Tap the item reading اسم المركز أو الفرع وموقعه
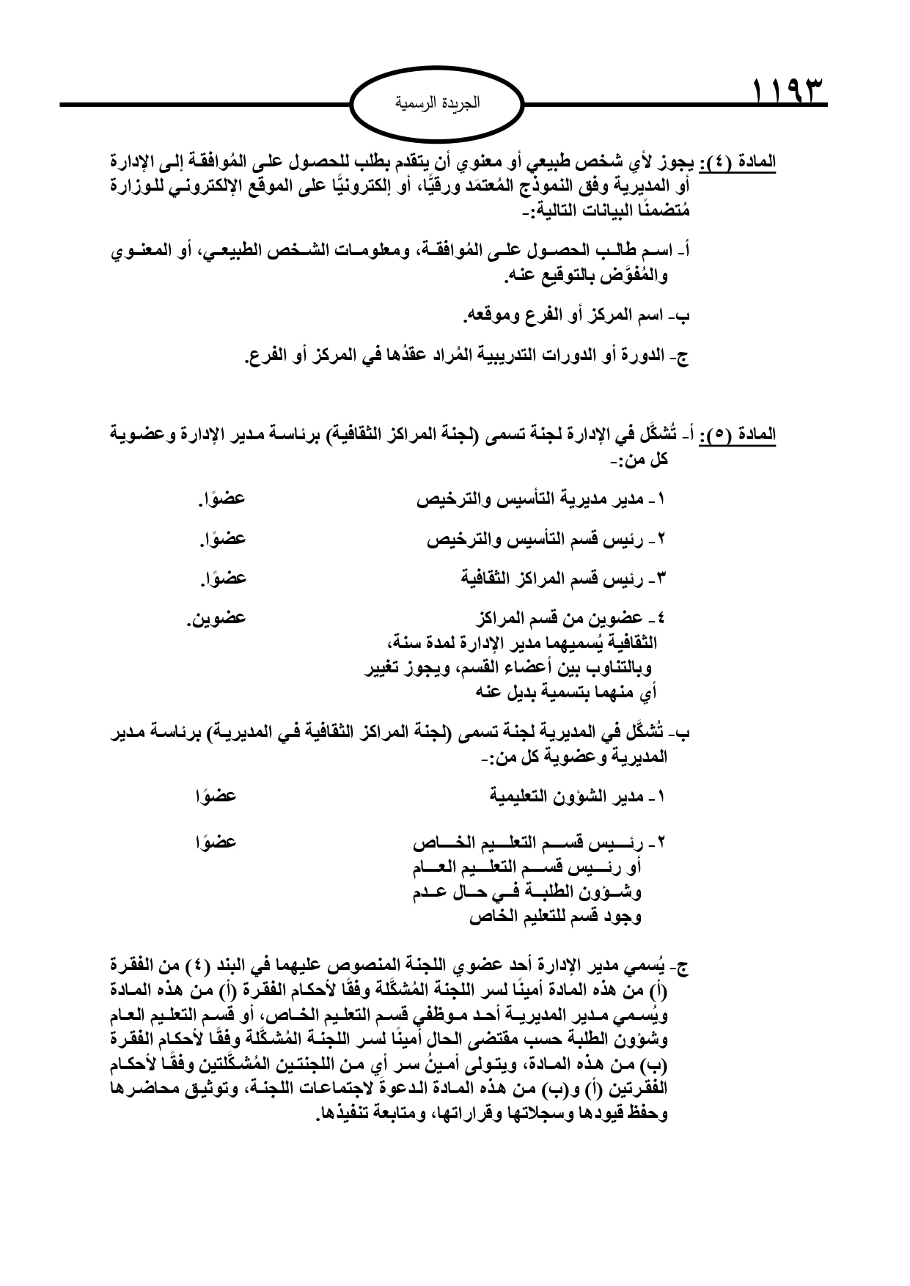576,317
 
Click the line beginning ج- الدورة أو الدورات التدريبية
467,358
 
